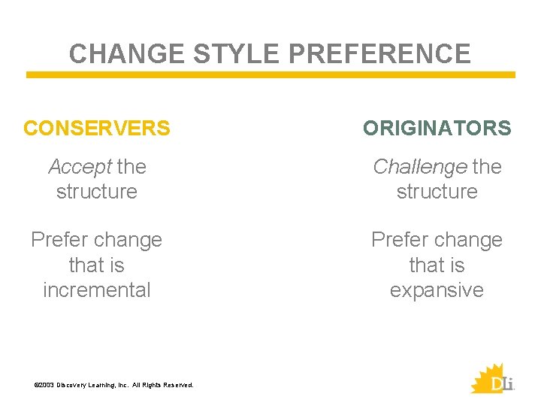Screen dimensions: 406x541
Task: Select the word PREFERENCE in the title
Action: tap(380, 54)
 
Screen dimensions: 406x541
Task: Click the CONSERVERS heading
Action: tap(97, 129)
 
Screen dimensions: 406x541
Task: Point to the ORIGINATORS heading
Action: tap(437, 129)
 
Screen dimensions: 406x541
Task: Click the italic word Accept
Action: tap(80, 166)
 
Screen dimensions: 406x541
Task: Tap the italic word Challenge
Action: tap(419, 166)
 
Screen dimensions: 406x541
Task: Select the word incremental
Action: tap(97, 290)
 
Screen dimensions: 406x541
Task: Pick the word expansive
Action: tap(437, 290)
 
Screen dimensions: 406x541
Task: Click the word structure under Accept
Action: tap(97, 191)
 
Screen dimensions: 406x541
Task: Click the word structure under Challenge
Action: tap(437, 191)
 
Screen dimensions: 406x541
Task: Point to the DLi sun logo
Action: tap(492, 378)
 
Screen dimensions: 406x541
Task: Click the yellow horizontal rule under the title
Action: tap(270, 75)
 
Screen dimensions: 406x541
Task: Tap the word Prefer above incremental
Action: tap(57, 240)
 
